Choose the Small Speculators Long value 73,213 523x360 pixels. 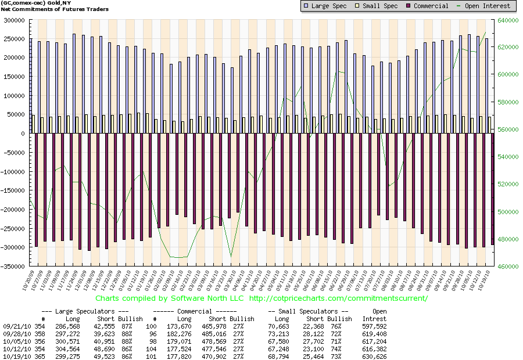point(281,334)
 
